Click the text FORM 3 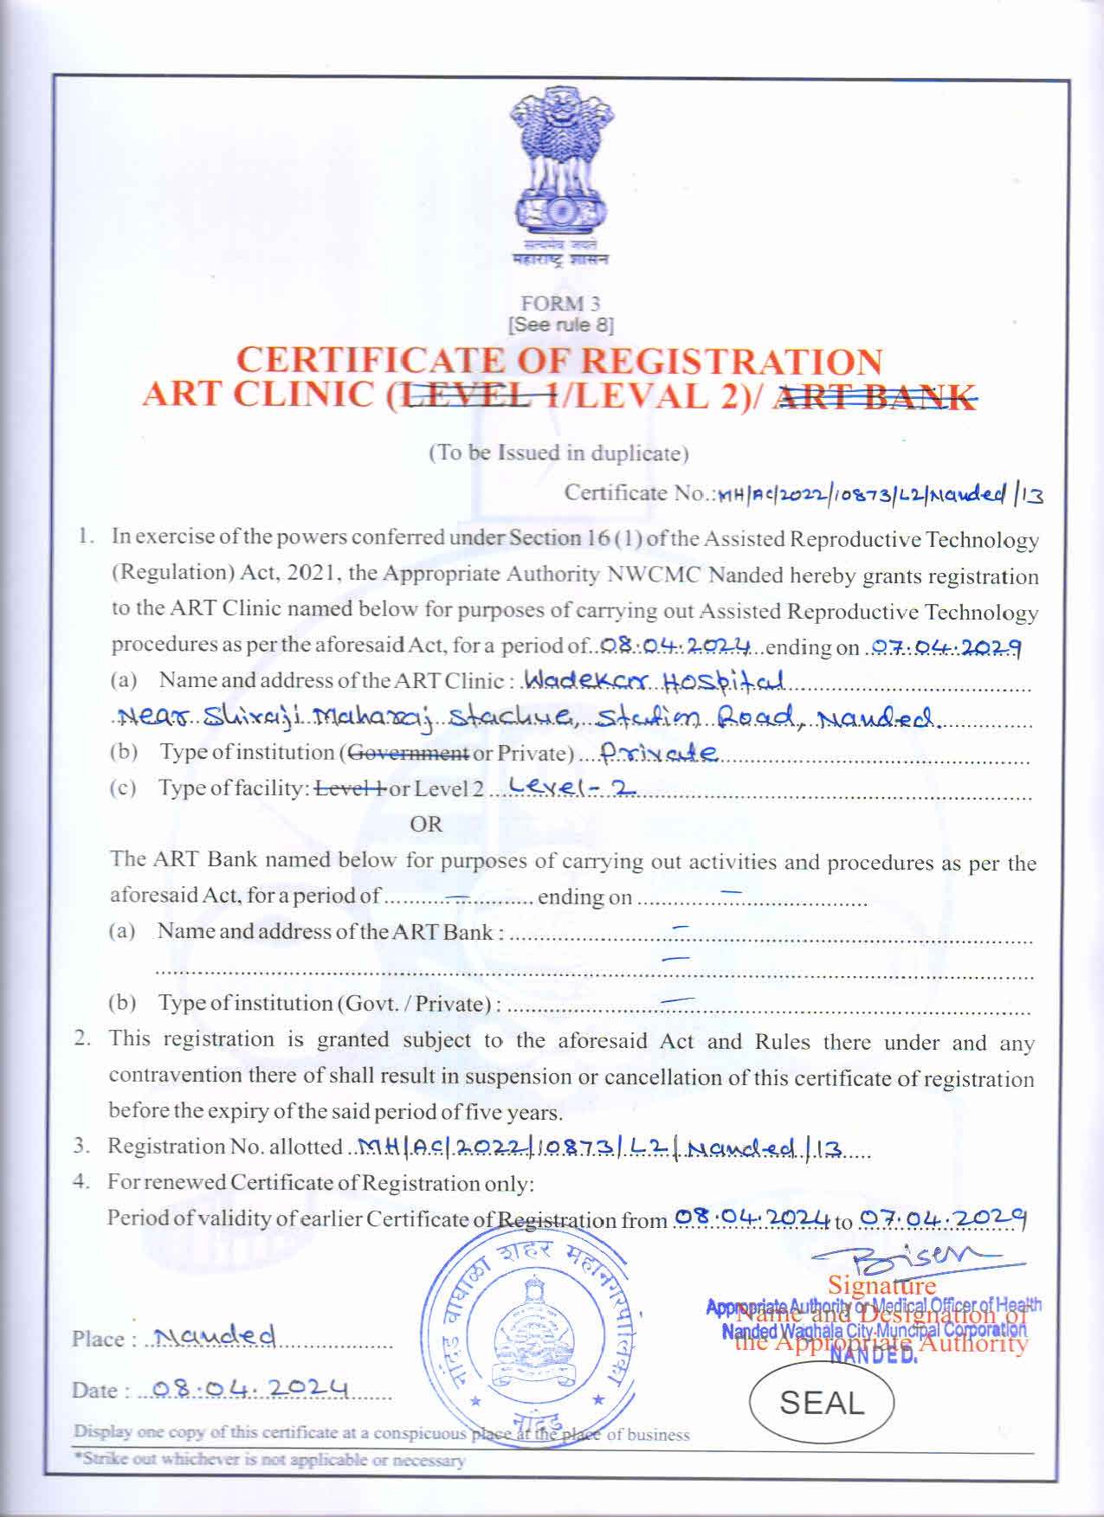[x=560, y=304]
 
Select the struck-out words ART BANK [x=875, y=396]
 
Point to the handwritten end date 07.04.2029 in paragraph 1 [x=946, y=646]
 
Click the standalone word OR [x=425, y=824]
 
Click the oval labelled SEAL [x=822, y=1403]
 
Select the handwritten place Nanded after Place [x=211, y=1337]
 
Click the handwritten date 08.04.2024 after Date [x=251, y=1390]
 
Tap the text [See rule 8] [x=560, y=325]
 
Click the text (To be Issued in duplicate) [x=559, y=453]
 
